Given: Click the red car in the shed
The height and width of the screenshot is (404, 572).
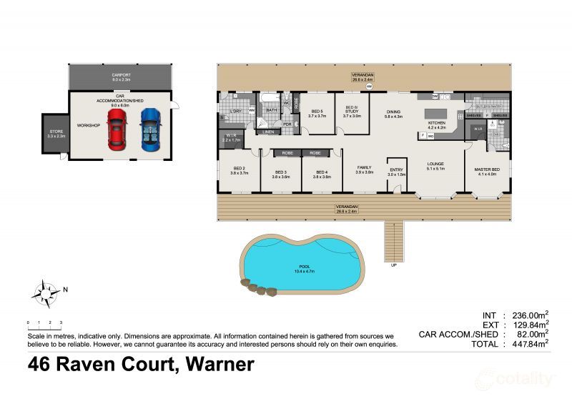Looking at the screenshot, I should click(x=117, y=129).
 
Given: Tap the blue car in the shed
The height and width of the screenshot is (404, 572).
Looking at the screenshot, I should click(x=150, y=129).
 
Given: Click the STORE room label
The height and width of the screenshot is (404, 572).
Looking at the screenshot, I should click(x=55, y=132).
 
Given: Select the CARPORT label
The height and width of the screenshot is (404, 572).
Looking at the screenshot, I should click(x=120, y=76).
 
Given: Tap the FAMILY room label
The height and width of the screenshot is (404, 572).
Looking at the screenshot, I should click(x=365, y=169).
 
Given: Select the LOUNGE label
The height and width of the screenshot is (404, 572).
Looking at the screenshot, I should click(x=436, y=166).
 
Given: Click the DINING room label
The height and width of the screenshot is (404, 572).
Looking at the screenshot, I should click(x=394, y=113).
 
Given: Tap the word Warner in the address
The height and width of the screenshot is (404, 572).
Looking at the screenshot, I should click(x=220, y=365).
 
